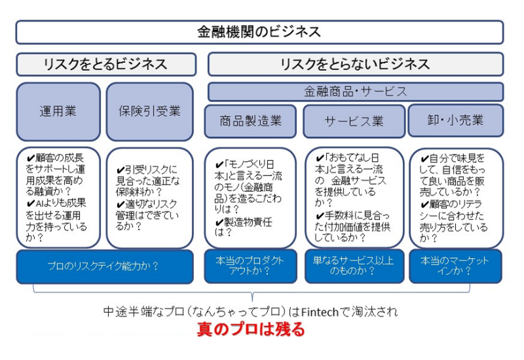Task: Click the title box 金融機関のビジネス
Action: click(259, 32)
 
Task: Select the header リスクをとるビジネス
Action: click(106, 64)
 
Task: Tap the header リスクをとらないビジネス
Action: click(356, 64)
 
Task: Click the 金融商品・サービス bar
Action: click(356, 92)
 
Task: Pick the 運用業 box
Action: click(58, 111)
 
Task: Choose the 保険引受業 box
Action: click(150, 111)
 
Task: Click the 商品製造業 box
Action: click(250, 121)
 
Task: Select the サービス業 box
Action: click(354, 121)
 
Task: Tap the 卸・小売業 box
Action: click(456, 120)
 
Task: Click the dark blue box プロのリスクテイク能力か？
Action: click(105, 266)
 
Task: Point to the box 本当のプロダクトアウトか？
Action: click(250, 266)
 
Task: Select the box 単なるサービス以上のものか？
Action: click(354, 266)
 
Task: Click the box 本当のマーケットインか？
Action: click(455, 266)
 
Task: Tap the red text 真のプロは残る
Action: click(251, 329)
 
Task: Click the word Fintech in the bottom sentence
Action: click(320, 312)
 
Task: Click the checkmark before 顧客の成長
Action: click(31, 158)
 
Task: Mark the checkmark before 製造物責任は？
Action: click(219, 222)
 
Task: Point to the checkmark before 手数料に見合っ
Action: click(320, 215)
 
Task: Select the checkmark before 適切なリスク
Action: click(121, 204)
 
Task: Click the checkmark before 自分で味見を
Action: click(424, 158)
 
